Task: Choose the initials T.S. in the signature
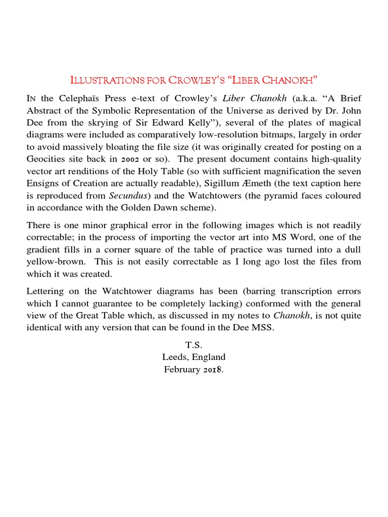(x=193, y=345)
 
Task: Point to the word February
(x=182, y=370)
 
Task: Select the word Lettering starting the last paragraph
(x=46, y=291)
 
